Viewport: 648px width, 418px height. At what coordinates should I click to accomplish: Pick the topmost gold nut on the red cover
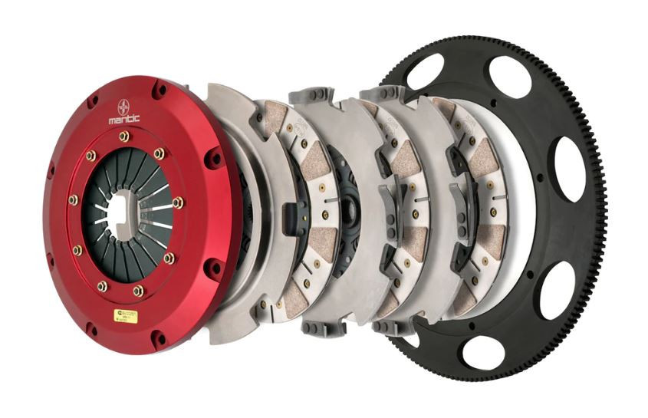pos(123,136)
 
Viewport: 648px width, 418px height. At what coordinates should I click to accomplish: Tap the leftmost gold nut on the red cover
pos(73,200)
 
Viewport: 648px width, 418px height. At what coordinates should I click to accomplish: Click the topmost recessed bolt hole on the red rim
pos(159,91)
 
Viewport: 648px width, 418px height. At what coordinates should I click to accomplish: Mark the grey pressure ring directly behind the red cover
pos(227,123)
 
